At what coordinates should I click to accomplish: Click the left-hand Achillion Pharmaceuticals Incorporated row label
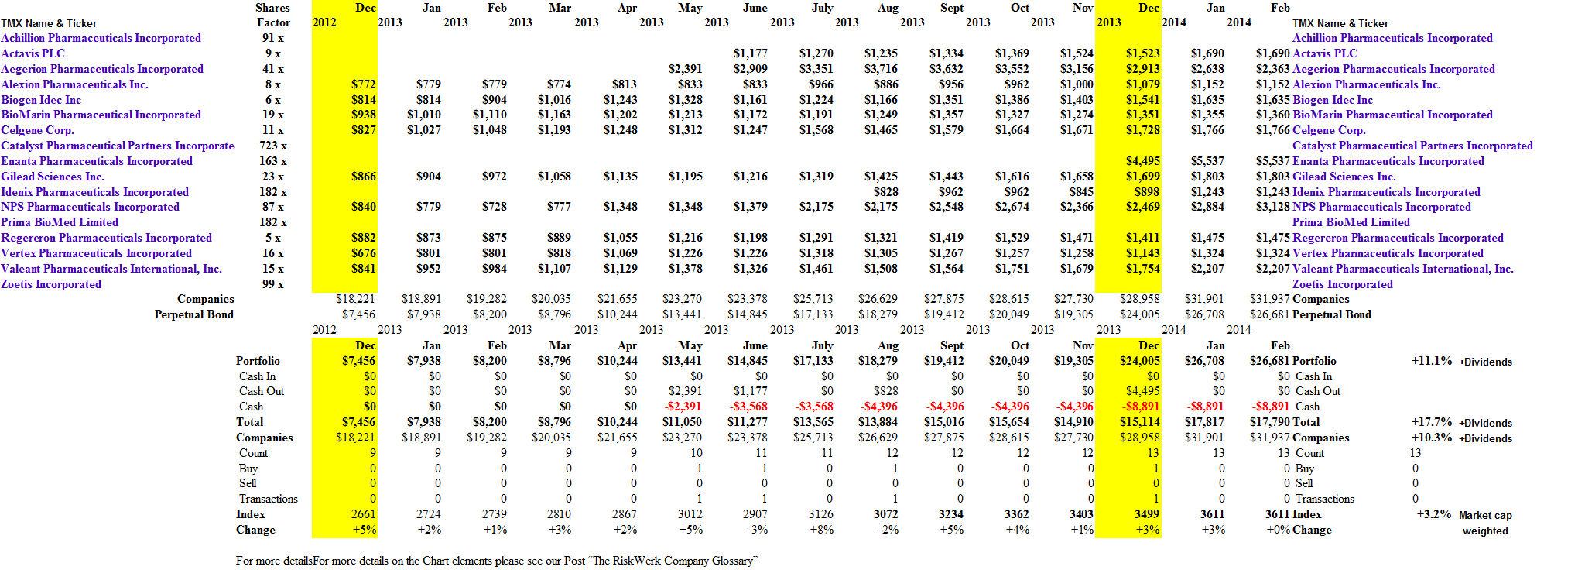pos(101,38)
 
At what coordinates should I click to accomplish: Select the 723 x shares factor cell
pos(273,146)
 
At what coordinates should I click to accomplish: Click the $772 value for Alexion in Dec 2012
pos(363,84)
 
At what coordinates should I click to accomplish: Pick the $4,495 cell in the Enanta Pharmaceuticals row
pos(1142,161)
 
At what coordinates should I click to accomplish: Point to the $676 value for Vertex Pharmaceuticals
pos(363,253)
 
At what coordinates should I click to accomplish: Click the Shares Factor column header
pos(273,15)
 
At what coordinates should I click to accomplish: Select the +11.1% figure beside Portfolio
pos(1431,361)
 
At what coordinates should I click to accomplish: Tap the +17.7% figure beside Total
pos(1431,422)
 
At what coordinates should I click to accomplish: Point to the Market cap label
pos(1485,516)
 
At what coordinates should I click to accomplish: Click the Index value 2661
pos(363,514)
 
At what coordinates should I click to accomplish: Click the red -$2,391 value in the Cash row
pos(683,407)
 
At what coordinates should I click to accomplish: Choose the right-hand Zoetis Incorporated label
pos(1342,284)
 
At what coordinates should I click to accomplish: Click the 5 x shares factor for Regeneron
pos(273,238)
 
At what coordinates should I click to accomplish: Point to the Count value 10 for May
pos(696,453)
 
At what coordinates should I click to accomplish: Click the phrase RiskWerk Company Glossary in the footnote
pos(673,561)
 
